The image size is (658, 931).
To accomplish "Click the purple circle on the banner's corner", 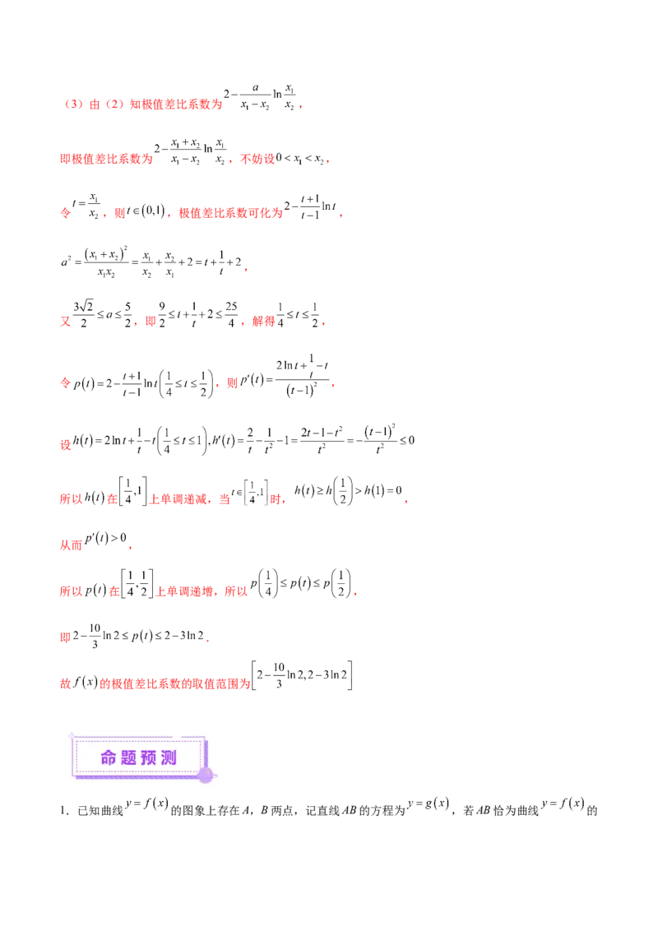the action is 206,774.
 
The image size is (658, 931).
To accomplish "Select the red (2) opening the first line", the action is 71,105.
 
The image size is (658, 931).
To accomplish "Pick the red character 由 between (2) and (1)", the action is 94,105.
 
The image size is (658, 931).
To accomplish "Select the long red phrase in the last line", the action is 174,683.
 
